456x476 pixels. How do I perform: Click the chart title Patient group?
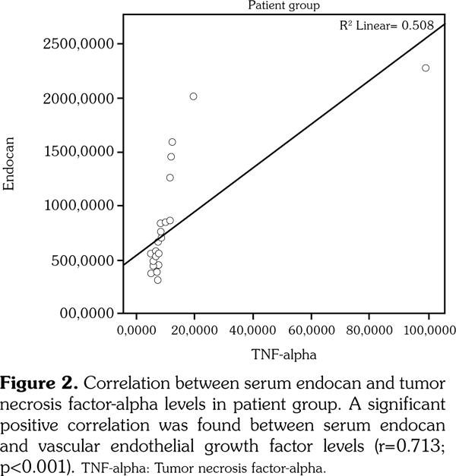(x=284, y=6)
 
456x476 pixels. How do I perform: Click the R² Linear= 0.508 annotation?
(x=386, y=25)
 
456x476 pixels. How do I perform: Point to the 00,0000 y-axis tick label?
(x=88, y=314)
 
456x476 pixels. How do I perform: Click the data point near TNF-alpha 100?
(x=426, y=68)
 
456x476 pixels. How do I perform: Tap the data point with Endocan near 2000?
(x=194, y=96)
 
